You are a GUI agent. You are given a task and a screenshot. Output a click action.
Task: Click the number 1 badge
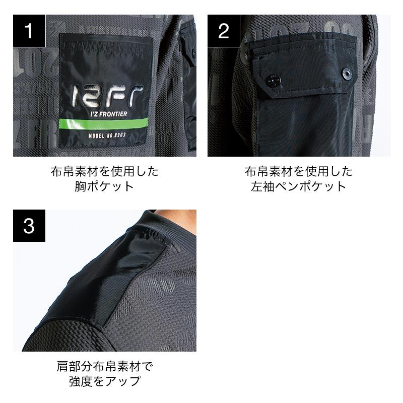(29, 31)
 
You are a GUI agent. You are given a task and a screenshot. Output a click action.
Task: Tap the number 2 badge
(224, 31)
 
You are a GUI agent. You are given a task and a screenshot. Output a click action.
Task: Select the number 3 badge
(29, 226)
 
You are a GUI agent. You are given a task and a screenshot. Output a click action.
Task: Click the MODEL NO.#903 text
(107, 136)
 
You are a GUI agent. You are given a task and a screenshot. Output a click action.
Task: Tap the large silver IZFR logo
(107, 96)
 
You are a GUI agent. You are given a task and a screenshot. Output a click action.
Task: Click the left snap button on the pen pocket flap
(273, 80)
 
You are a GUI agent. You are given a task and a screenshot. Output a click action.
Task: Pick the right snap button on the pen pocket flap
(346, 73)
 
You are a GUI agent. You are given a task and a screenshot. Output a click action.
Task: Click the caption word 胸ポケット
(105, 186)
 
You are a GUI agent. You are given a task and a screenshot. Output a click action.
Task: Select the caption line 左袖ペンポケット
(299, 186)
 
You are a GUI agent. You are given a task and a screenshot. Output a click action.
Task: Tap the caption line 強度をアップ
(105, 381)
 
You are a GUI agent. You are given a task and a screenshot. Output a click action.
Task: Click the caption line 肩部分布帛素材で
(105, 366)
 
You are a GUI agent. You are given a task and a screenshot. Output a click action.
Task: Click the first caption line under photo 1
(105, 171)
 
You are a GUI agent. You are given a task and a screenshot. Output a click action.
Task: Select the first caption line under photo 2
(299, 171)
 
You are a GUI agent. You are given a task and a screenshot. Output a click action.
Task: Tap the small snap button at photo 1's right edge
(193, 53)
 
